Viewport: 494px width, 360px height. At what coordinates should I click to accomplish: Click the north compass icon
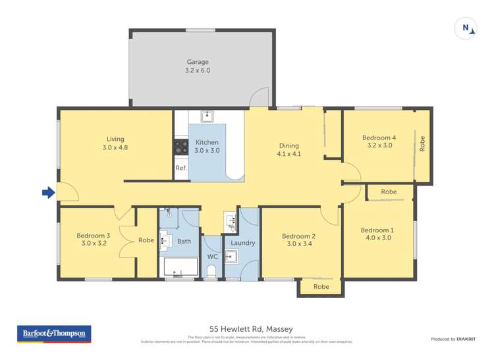[466, 28]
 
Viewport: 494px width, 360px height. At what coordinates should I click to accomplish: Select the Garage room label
[198, 66]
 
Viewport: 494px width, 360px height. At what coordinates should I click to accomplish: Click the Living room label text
[115, 143]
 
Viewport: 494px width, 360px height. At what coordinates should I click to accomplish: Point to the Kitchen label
[207, 146]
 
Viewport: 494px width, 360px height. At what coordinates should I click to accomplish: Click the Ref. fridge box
[181, 168]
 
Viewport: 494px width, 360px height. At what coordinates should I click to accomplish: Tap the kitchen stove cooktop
[181, 146]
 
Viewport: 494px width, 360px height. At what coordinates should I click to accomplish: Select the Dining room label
[288, 149]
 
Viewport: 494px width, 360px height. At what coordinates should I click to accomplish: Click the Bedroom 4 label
[379, 141]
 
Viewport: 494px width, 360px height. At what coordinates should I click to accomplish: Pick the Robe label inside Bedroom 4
[422, 144]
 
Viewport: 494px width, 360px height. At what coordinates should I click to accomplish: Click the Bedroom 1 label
[376, 234]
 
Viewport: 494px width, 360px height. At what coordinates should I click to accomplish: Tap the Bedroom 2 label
[298, 240]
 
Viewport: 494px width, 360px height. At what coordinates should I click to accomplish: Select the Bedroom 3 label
[93, 239]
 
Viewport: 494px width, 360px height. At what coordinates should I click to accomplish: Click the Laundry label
[242, 243]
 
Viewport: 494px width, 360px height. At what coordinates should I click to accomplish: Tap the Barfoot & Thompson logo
[55, 334]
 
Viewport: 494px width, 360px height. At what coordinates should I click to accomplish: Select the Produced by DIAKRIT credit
[454, 339]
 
